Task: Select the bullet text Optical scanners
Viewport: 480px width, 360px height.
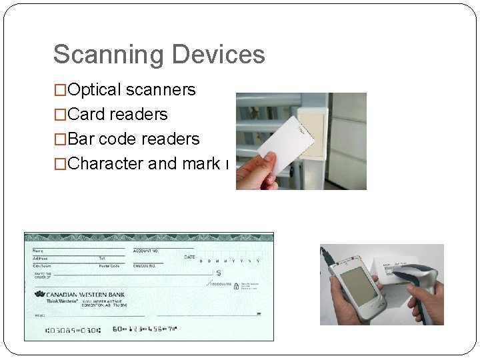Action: (x=131, y=90)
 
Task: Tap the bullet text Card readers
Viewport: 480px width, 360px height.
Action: (x=117, y=115)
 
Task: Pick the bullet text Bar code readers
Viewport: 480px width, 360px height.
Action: (x=133, y=139)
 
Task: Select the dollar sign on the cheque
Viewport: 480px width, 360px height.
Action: (x=219, y=273)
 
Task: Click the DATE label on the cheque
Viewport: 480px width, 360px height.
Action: (x=190, y=257)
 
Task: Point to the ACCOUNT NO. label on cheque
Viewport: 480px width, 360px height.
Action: (x=146, y=251)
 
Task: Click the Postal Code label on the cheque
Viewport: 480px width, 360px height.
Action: (x=109, y=266)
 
